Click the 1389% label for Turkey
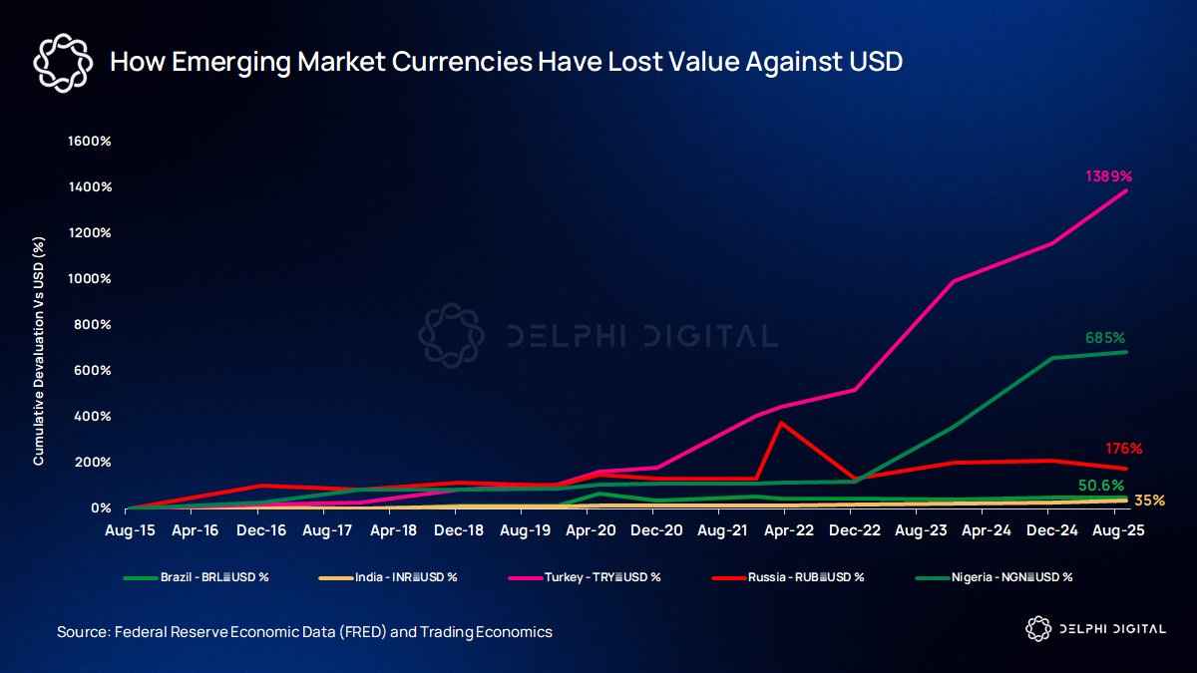click(x=1108, y=176)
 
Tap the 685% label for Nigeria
click(x=1105, y=338)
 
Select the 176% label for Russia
click(x=1123, y=449)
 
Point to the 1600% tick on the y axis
click(x=89, y=142)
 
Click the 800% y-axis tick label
click(x=92, y=325)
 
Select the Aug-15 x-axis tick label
click(x=130, y=531)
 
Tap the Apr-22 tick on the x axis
click(x=789, y=531)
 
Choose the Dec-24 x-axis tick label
click(x=1051, y=531)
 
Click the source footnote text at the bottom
click(x=304, y=632)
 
